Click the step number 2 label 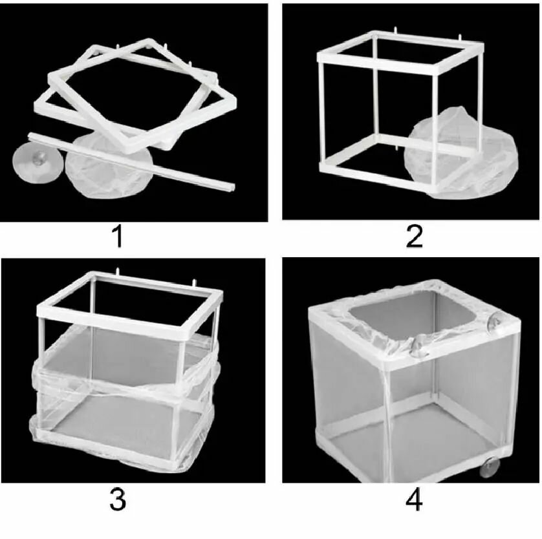point(415,237)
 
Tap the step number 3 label point(118,499)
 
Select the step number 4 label point(414,500)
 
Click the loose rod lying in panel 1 point(131,161)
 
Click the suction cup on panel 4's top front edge point(418,344)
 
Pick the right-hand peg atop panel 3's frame point(194,282)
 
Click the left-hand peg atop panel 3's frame point(118,271)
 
